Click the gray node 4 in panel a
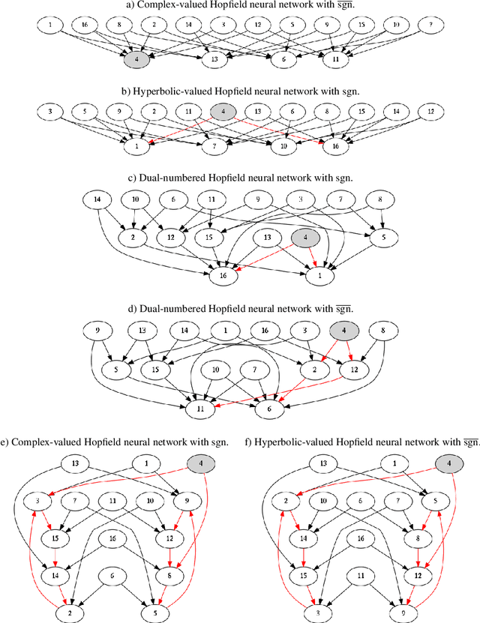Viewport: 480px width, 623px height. (x=135, y=58)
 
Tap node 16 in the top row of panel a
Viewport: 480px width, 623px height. (x=83, y=25)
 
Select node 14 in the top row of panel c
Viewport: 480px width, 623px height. (x=97, y=200)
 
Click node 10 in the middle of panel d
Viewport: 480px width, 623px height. (x=215, y=370)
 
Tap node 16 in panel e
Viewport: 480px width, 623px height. (x=112, y=538)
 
